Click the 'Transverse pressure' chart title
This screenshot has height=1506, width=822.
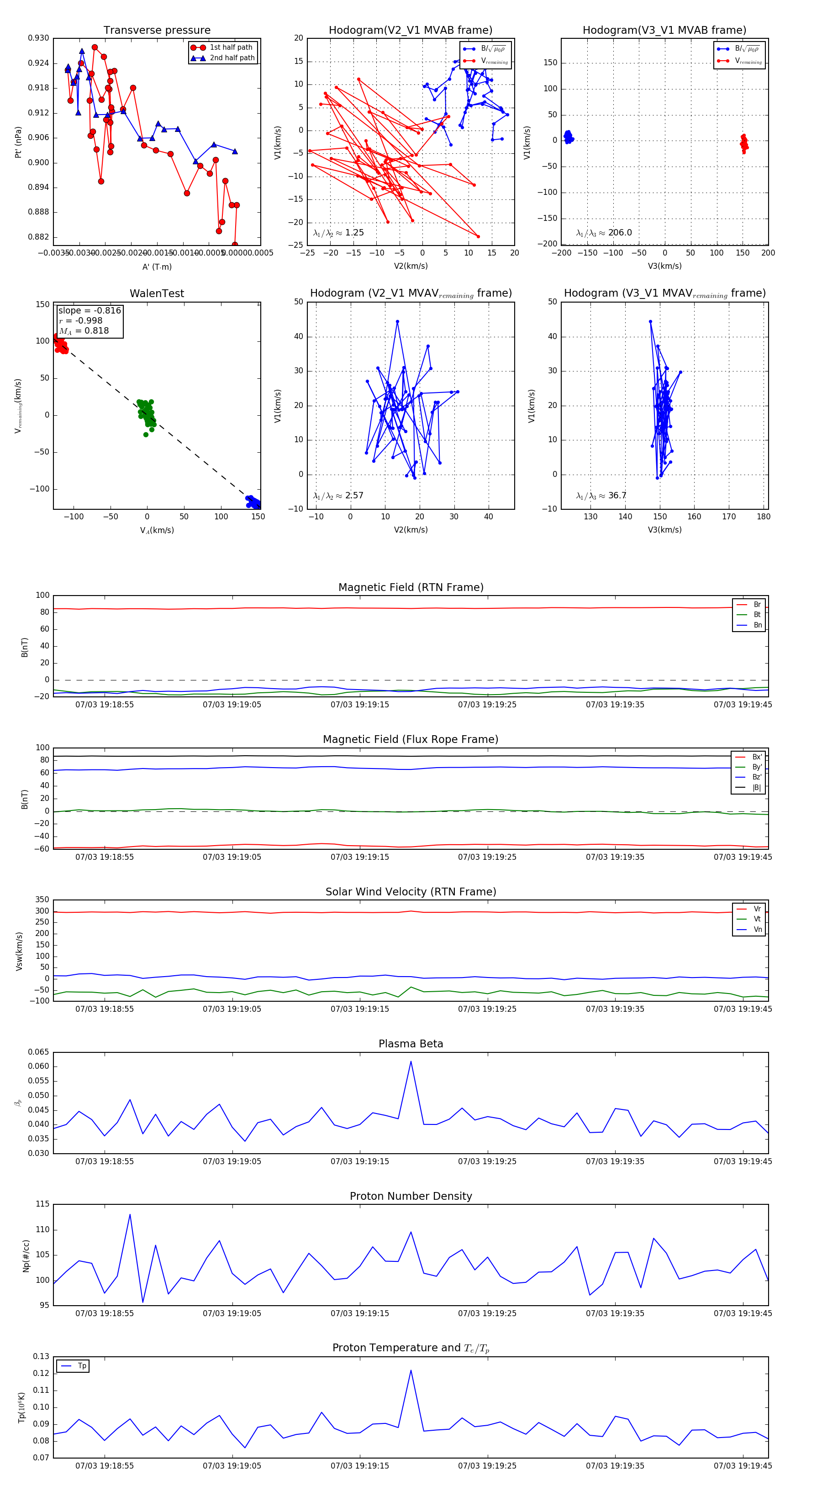click(157, 31)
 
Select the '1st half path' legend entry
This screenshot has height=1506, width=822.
click(231, 47)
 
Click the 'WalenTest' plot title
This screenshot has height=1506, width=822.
click(157, 293)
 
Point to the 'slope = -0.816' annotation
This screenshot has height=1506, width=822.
click(90, 310)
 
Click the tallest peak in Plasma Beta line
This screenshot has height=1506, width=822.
click(411, 1062)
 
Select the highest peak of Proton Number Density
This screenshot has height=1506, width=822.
click(130, 1214)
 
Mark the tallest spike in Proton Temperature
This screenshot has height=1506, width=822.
click(411, 1370)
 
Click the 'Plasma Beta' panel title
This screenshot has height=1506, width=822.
click(411, 1044)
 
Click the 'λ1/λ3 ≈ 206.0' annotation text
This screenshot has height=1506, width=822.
click(604, 233)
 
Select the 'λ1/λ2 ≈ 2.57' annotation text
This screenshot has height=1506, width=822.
click(338, 496)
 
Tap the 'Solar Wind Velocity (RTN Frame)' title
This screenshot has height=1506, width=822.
click(411, 892)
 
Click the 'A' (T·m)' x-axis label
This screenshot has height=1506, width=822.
click(157, 267)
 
